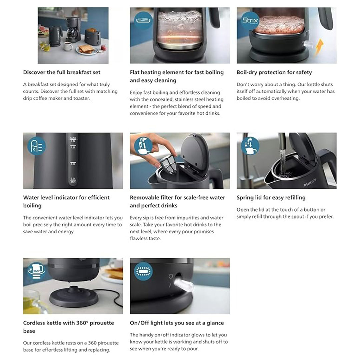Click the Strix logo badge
(x=250, y=21)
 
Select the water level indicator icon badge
(x=37, y=146)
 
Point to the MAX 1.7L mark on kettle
(x=73, y=139)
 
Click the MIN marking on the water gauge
(x=73, y=182)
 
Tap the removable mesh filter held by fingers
(x=168, y=162)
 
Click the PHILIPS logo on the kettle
(x=310, y=182)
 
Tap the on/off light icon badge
(x=143, y=271)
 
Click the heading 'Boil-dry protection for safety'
(x=274, y=72)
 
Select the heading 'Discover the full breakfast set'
(x=62, y=72)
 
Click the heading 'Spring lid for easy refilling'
(x=271, y=197)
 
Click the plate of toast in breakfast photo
(x=87, y=50)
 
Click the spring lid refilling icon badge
(x=250, y=146)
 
